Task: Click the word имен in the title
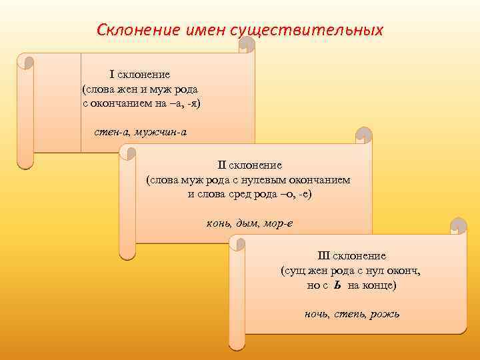[205, 30]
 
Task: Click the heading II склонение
[249, 165]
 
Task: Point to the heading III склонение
[351, 256]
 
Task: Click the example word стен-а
[111, 131]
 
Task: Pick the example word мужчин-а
[161, 131]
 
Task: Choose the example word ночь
[317, 314]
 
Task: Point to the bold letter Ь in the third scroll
[338, 285]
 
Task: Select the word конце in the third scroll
[378, 285]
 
